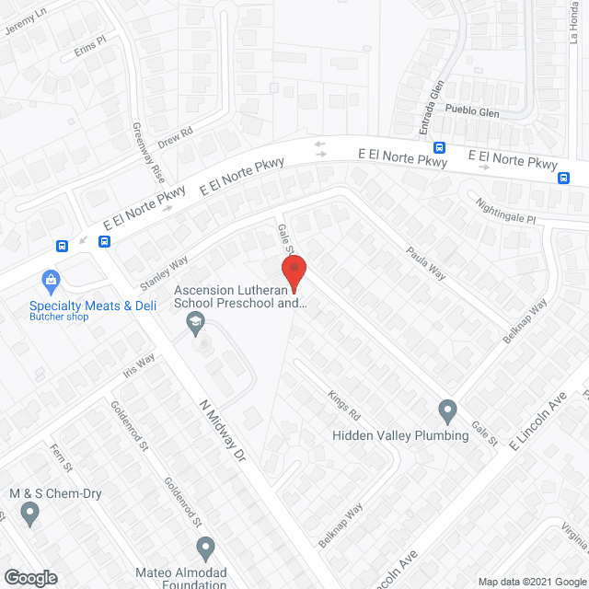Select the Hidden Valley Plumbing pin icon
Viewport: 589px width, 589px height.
(x=447, y=410)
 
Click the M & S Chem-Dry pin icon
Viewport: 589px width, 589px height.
(x=30, y=512)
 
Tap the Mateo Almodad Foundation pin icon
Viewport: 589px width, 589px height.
(x=205, y=549)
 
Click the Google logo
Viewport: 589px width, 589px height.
(x=29, y=578)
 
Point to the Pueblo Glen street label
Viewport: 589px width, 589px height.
(x=471, y=110)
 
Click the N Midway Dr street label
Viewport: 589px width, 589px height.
(x=224, y=432)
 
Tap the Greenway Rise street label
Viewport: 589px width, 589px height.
(x=146, y=151)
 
